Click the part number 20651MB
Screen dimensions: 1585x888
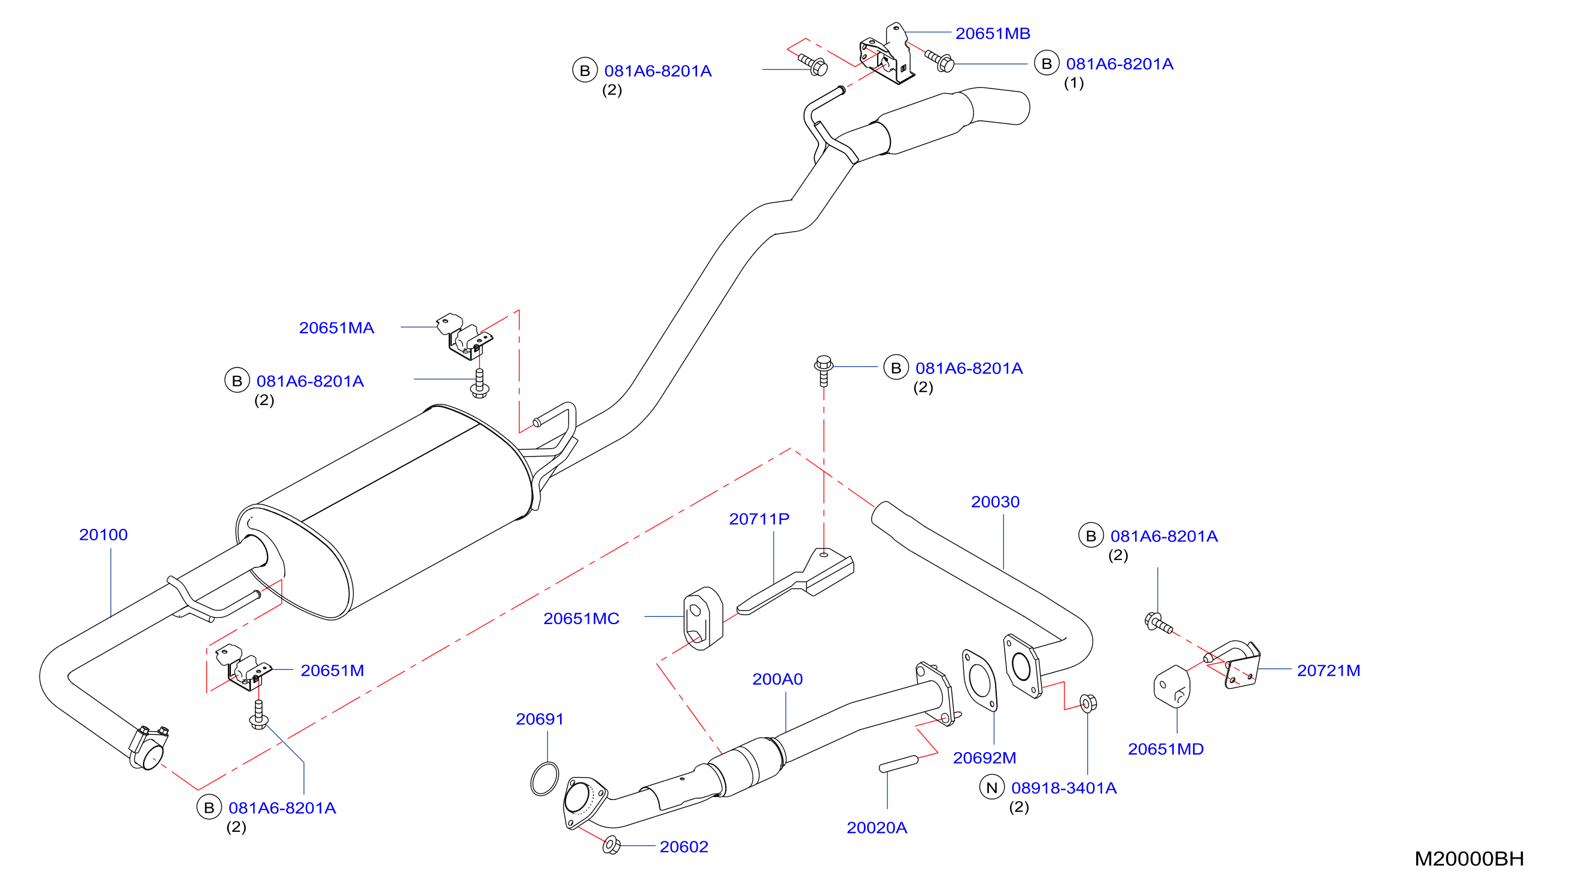tap(993, 34)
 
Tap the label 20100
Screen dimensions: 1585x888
tap(104, 535)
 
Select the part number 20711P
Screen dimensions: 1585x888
tap(759, 519)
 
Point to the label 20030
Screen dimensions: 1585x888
tap(995, 501)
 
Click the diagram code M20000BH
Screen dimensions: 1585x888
tap(1469, 859)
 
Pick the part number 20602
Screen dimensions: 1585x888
tap(683, 847)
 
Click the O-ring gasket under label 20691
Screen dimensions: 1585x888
tap(544, 778)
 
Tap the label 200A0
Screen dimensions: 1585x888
tap(777, 679)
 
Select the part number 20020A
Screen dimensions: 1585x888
tap(877, 828)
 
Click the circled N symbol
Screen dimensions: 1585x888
tap(992, 787)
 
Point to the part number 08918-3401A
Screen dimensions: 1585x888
tap(1064, 787)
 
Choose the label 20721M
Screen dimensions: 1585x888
tap(1328, 671)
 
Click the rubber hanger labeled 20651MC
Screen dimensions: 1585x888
tap(703, 618)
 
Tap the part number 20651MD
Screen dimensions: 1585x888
tap(1166, 749)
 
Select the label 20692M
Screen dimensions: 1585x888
tap(984, 758)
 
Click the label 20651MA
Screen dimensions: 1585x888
tap(337, 328)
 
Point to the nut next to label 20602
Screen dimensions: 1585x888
tap(611, 846)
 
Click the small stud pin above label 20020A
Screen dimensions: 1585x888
tap(899, 764)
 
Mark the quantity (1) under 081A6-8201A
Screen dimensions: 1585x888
tap(1073, 83)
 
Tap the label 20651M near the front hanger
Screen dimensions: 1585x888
tap(332, 670)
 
